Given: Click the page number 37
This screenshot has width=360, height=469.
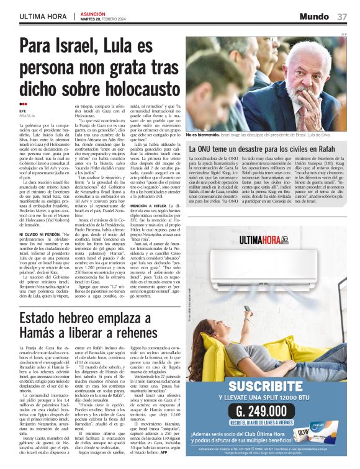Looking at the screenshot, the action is tap(342, 16).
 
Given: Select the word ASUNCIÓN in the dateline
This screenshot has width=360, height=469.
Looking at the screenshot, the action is tap(92, 14).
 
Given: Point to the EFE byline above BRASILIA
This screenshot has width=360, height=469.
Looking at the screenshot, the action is tap(23, 110).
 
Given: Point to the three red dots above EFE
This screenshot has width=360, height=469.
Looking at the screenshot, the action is tap(23, 104).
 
